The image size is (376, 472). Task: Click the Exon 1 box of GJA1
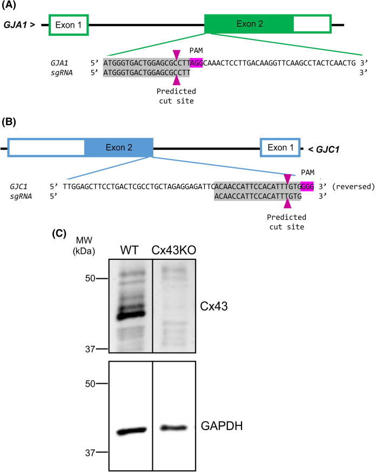click(69, 25)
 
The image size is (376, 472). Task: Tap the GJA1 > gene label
click(21, 25)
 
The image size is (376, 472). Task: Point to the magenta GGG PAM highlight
click(307, 185)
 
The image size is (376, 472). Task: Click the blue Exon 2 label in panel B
click(120, 147)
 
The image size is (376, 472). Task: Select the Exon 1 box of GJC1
click(280, 148)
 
